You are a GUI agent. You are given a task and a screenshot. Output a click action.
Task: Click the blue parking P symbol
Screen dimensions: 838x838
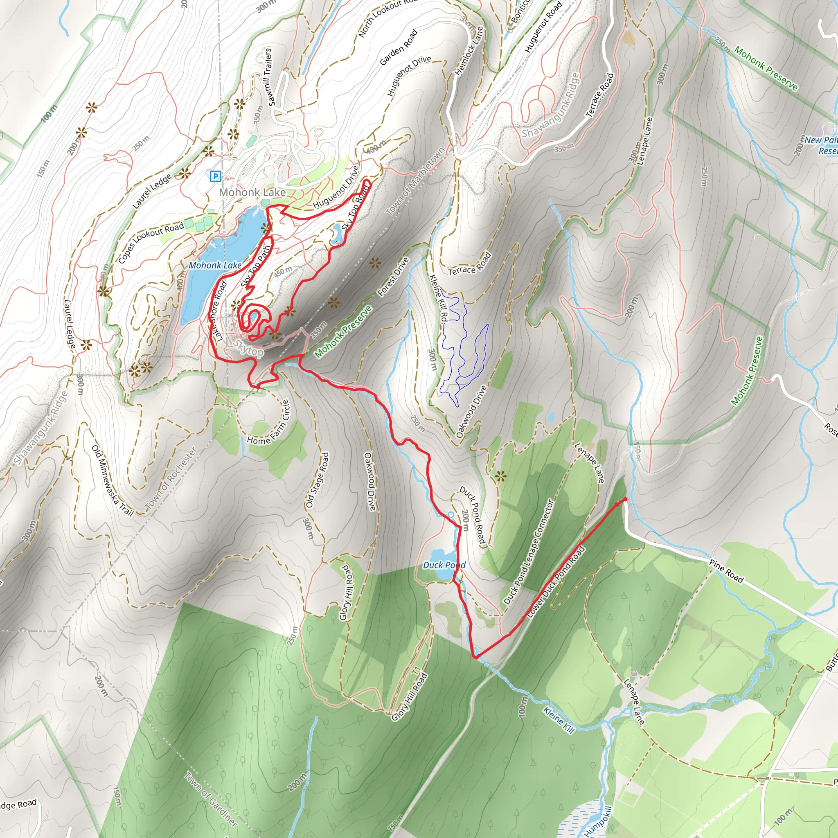point(215,176)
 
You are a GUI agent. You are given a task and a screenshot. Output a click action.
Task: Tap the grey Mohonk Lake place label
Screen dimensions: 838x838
point(252,192)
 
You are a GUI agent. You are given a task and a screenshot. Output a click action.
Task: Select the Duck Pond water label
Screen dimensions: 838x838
point(444,565)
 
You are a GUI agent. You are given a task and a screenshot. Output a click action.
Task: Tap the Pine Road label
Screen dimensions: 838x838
point(727,571)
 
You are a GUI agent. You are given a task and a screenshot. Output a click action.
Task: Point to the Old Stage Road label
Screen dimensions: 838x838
point(317,480)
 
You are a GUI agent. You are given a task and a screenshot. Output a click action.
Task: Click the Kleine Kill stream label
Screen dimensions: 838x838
point(559,721)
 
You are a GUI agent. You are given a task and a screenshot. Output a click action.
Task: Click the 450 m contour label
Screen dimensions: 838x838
point(282,272)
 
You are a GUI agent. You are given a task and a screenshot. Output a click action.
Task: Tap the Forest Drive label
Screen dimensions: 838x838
point(393,277)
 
